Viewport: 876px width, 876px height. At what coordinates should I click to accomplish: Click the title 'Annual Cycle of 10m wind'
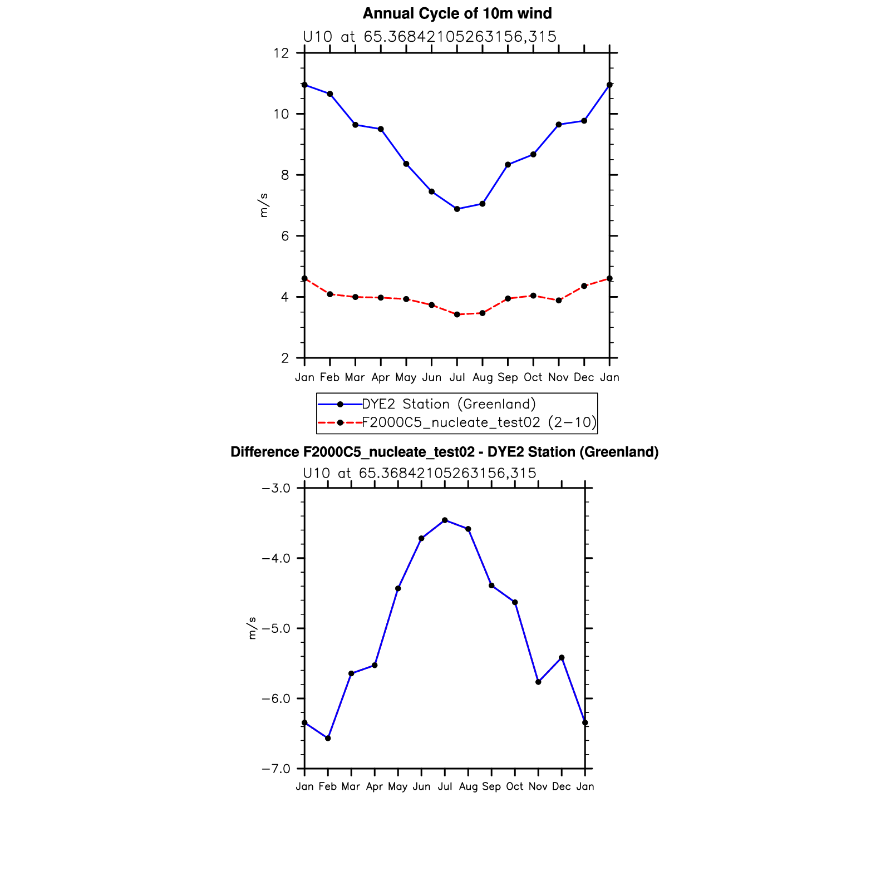coord(457,13)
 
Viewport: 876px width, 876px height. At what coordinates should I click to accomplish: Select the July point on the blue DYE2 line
coord(457,209)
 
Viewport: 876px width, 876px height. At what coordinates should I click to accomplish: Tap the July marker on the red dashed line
coord(457,314)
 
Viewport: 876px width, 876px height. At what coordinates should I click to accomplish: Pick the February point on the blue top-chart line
coord(330,94)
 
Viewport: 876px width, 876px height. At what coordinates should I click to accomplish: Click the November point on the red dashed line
coord(559,301)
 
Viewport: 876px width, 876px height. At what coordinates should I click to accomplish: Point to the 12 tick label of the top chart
coord(281,53)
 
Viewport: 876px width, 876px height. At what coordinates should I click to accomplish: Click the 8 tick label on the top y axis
coord(285,175)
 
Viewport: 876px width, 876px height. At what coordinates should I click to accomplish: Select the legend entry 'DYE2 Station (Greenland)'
coord(449,404)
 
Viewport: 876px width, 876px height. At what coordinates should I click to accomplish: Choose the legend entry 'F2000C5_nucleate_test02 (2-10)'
coord(479,422)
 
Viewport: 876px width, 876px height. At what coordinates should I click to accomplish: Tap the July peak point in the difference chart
coord(445,520)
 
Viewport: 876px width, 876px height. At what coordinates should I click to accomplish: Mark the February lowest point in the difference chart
coord(328,738)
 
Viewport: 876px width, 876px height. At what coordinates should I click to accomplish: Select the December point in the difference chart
coord(562,658)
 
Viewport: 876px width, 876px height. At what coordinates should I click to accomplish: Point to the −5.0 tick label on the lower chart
coord(276,629)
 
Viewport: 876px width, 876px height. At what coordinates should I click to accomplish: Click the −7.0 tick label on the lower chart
coord(276,769)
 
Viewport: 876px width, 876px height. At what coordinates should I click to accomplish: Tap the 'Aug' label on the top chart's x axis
coord(483,378)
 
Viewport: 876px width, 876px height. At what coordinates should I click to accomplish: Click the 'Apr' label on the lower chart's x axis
coord(375,787)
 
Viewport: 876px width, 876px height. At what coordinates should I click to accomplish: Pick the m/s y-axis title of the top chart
coord(263,205)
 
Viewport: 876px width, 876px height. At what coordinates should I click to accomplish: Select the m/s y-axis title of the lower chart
coord(252,628)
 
